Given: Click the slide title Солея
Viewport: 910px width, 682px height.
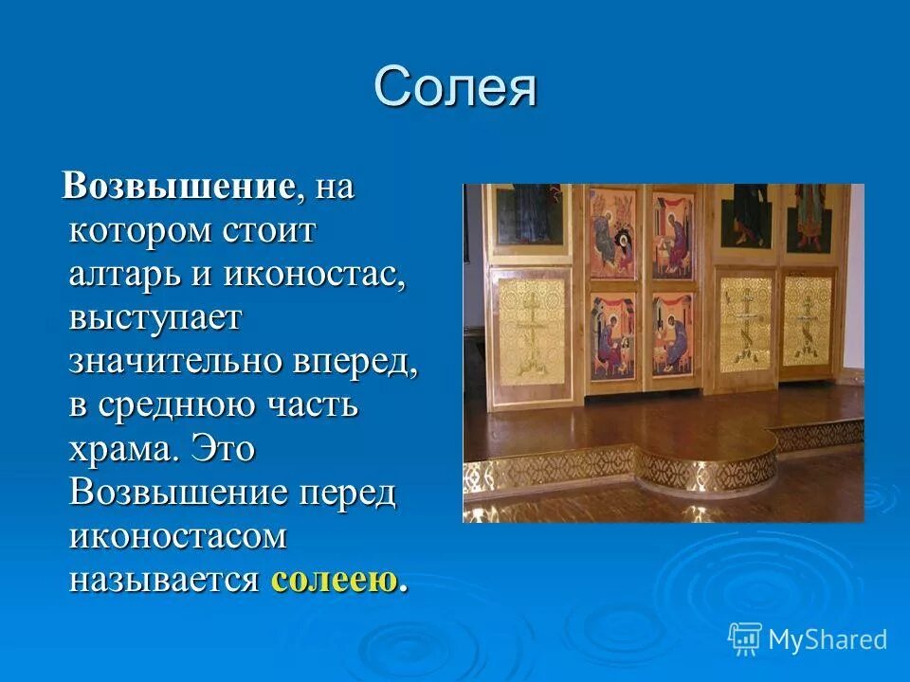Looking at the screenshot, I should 455,88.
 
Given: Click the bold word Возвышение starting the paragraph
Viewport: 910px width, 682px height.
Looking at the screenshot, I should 176,186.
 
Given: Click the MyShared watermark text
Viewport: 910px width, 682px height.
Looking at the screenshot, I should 828,639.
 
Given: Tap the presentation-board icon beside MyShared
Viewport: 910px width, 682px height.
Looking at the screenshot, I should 745,638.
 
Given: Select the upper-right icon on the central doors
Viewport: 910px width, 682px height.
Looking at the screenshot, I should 674,233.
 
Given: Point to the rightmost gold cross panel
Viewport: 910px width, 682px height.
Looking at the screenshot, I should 808,322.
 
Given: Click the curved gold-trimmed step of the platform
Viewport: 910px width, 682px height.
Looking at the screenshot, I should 706,468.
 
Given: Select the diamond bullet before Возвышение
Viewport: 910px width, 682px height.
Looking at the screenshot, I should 54,188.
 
